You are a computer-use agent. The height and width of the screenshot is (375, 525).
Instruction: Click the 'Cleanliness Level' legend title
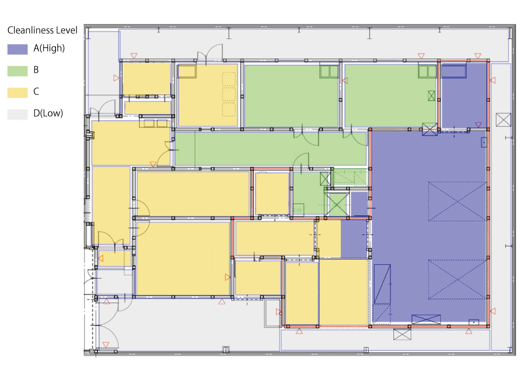[42, 30]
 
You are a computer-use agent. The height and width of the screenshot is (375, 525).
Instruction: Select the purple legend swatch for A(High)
[17, 49]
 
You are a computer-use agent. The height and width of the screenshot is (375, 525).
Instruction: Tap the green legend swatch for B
[17, 71]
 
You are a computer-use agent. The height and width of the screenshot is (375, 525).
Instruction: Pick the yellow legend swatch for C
[17, 93]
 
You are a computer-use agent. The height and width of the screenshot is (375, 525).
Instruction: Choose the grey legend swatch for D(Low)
[17, 114]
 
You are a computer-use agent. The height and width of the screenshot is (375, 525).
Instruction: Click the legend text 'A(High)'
[49, 48]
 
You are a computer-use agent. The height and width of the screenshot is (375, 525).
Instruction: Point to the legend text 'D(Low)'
[48, 113]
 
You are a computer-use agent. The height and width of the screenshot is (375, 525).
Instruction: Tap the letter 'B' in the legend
[36, 70]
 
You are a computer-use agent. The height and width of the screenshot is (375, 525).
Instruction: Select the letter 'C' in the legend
[36, 91]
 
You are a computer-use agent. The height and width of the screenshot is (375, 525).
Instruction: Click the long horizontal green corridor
[270, 149]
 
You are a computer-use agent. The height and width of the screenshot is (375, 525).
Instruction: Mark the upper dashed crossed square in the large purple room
[457, 201]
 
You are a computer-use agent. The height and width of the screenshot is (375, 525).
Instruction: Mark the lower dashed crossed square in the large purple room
[457, 279]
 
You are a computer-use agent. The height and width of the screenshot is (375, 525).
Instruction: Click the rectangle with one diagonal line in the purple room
[382, 284]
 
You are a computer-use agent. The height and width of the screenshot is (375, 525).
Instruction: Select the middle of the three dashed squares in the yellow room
[229, 95]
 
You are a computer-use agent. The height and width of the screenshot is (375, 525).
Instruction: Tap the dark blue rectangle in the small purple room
[454, 71]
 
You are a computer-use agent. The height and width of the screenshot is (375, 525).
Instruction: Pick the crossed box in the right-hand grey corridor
[503, 120]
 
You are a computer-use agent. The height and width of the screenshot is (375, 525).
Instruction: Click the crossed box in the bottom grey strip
[402, 334]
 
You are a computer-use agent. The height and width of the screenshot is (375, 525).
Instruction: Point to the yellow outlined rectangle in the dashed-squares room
[187, 71]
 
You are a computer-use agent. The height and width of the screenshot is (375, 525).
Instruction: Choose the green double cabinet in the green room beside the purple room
[427, 71]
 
